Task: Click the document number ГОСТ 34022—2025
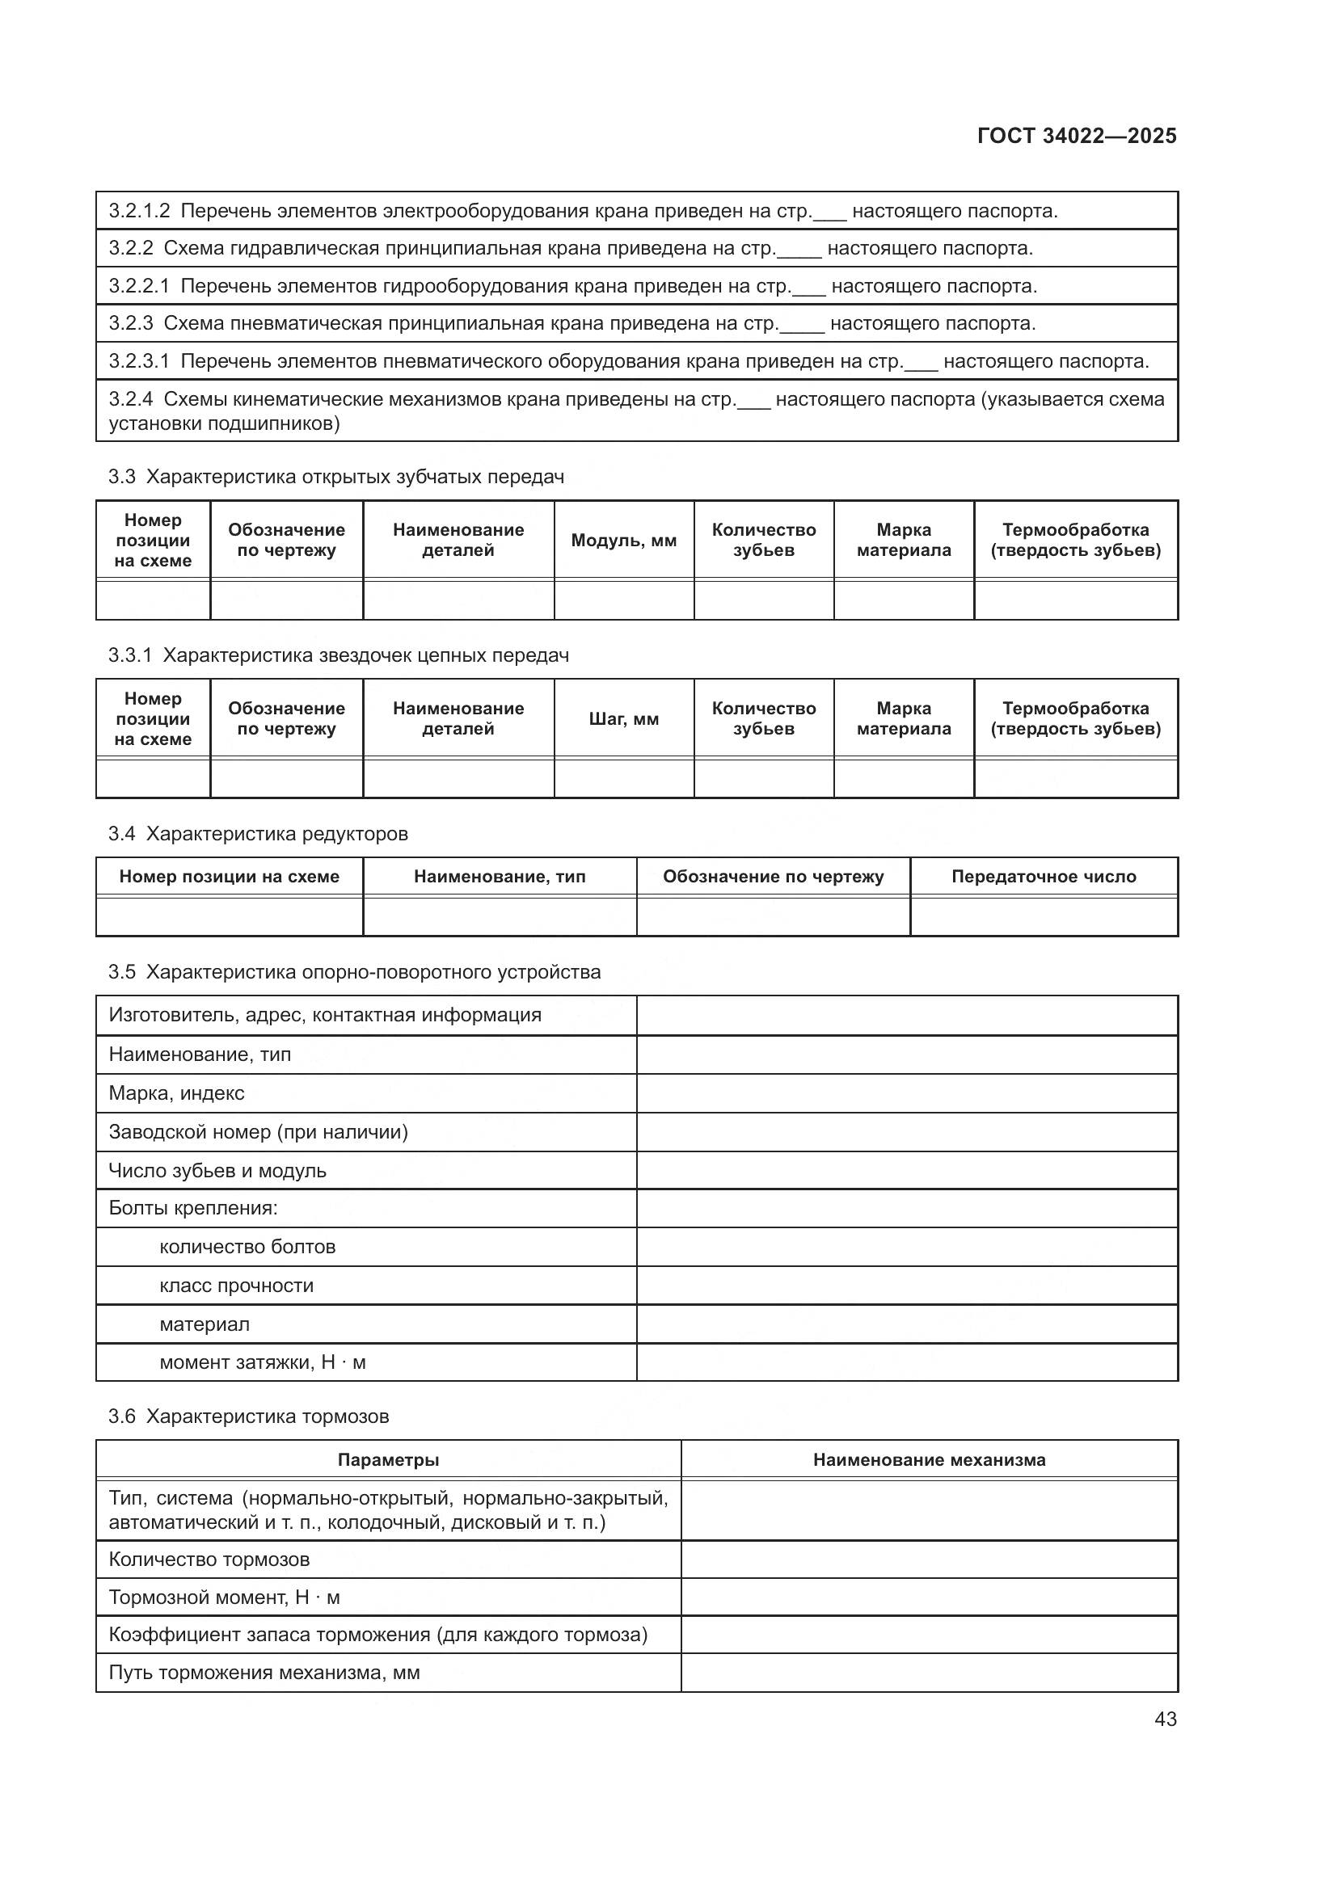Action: tap(1076, 136)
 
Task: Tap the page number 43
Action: tap(1165, 1719)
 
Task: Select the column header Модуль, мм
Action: tap(623, 541)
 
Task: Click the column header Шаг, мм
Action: tap(623, 718)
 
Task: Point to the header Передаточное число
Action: tap(1043, 877)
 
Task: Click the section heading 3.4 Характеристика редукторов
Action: tap(258, 834)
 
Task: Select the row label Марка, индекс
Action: tap(176, 1093)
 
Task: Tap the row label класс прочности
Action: tap(236, 1286)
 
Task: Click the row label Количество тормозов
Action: tap(209, 1559)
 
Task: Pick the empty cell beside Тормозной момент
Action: tap(929, 1597)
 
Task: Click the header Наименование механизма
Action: tap(929, 1459)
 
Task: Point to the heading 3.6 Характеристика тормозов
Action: tap(248, 1416)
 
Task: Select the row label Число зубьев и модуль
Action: tap(217, 1171)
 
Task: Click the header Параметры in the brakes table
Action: tap(388, 1459)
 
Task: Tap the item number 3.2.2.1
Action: tap(138, 287)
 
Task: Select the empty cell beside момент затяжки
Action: tap(906, 1362)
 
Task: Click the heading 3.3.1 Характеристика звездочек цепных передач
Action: tap(339, 655)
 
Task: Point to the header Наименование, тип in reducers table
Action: tap(499, 877)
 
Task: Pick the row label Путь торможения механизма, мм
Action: tap(264, 1673)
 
